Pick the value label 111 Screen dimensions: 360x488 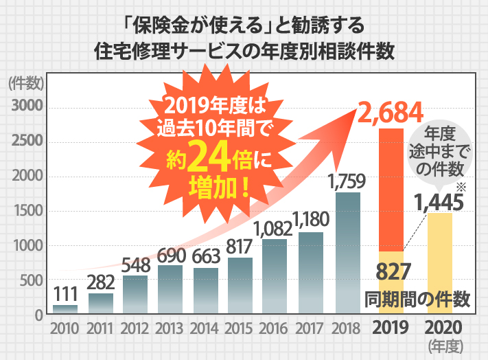click(65, 293)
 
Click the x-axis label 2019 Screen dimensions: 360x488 click(391, 327)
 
